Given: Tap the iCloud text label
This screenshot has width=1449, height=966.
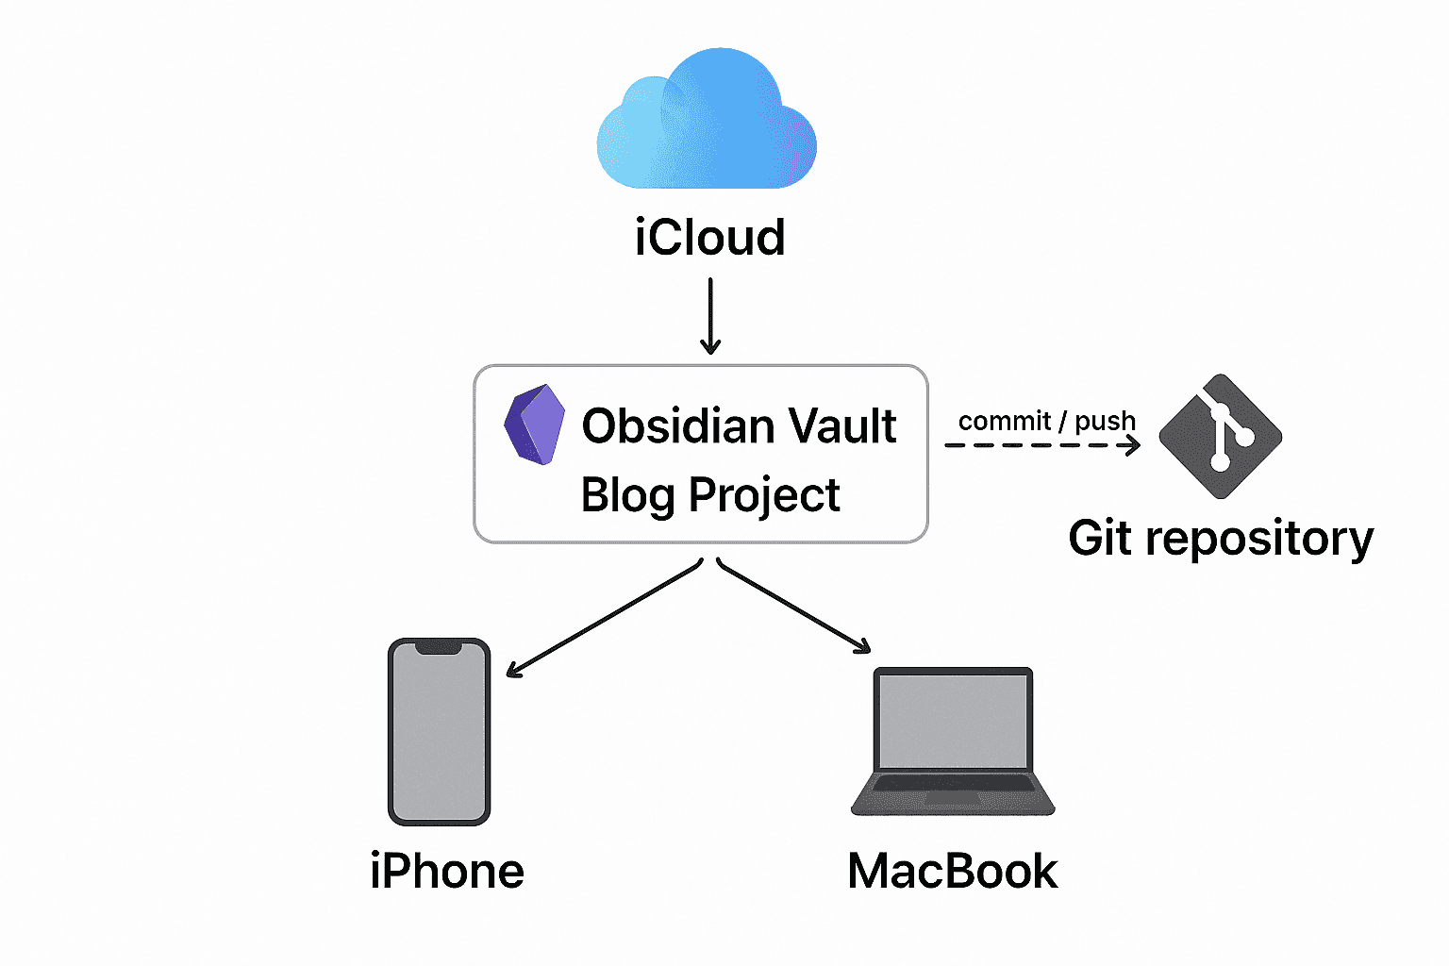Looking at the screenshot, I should [709, 237].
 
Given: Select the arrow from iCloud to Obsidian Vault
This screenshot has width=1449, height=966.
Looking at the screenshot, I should [710, 315].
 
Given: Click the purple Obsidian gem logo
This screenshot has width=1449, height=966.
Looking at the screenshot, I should [534, 425].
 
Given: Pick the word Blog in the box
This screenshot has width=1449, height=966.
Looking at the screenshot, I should [628, 495].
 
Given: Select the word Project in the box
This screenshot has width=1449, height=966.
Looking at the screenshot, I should [764, 495].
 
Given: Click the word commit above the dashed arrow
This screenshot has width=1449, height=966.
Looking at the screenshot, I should [1005, 421].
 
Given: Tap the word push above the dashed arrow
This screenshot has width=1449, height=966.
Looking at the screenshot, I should [1105, 422].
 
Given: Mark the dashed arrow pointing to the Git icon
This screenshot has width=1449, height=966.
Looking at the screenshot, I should [1042, 444].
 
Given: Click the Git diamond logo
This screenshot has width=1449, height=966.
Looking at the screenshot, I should [1220, 436].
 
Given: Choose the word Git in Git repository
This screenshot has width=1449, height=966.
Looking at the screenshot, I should [1100, 539].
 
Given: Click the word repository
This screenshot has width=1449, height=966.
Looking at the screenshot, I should [1260, 541].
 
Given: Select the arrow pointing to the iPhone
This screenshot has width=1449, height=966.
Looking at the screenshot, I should [604, 619].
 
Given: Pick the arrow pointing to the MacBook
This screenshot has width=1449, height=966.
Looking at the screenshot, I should [794, 606].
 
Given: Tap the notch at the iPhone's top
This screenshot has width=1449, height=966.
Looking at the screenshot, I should [439, 647].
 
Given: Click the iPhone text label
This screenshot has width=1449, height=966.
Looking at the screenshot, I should [447, 871].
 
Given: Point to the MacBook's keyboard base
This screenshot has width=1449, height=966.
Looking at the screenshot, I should [953, 792].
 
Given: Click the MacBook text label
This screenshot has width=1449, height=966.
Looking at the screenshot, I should [953, 871].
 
